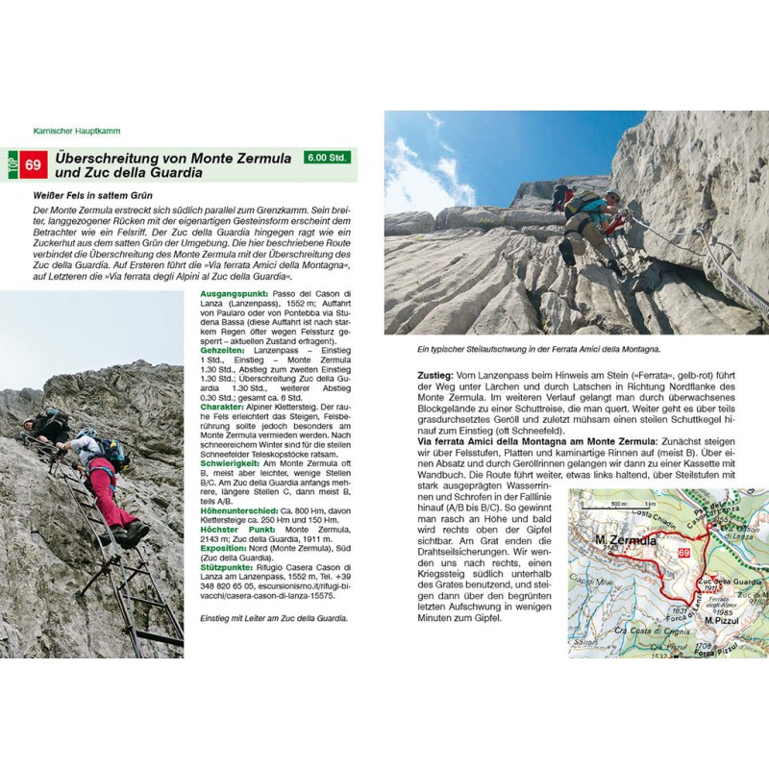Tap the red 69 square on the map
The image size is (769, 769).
(683, 555)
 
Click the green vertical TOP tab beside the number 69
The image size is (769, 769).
(12, 165)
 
